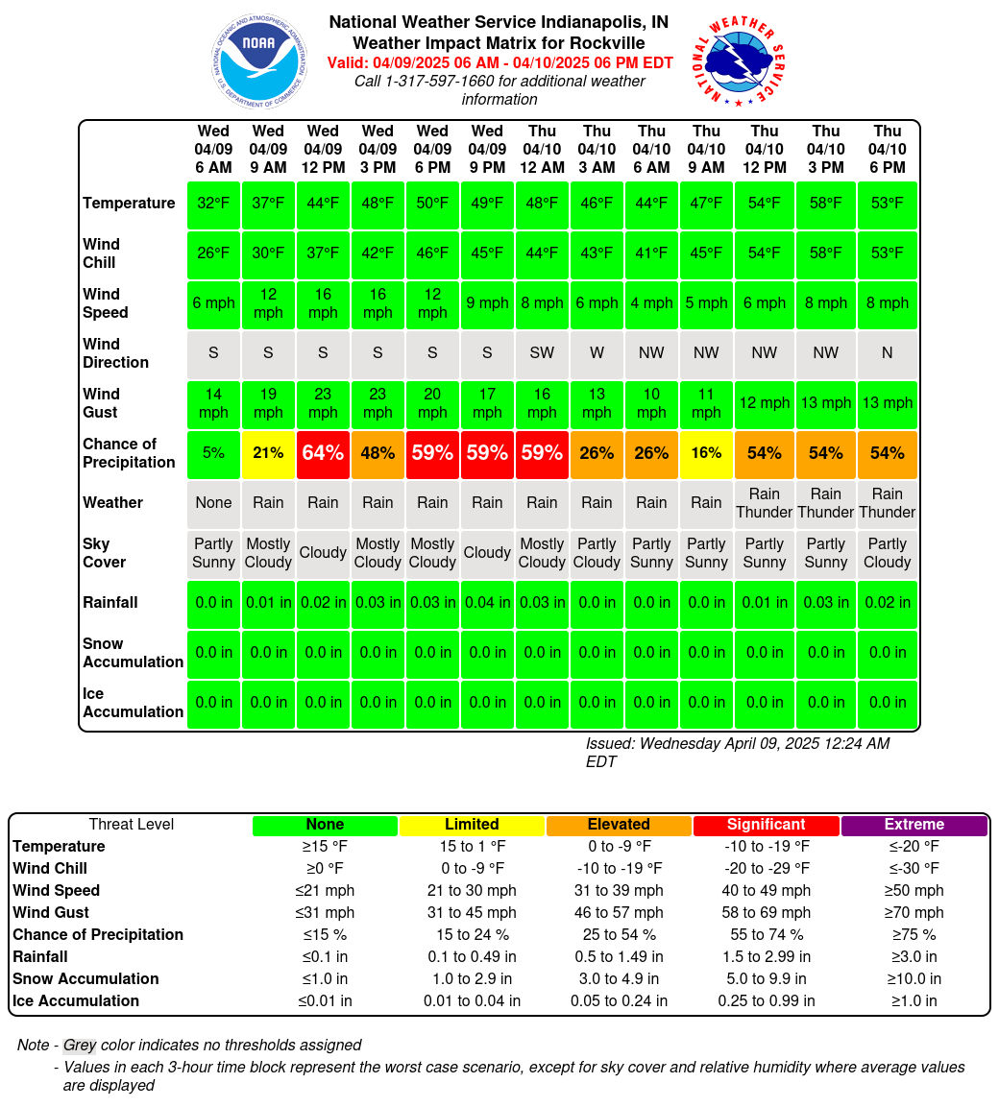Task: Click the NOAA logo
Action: pyautogui.click(x=259, y=61)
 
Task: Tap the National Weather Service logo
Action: pyautogui.click(x=739, y=61)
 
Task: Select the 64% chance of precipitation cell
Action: pyautogui.click(x=323, y=453)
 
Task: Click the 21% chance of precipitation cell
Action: pyautogui.click(x=268, y=453)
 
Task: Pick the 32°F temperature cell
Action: pyautogui.click(x=213, y=204)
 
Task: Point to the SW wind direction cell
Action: pyautogui.click(x=542, y=353)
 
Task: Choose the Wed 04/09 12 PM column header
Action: pyautogui.click(x=323, y=149)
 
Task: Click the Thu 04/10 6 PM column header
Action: pyautogui.click(x=888, y=149)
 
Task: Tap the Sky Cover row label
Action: pyautogui.click(x=104, y=553)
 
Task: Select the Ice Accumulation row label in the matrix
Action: pyautogui.click(x=133, y=703)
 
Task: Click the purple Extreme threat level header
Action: pyautogui.click(x=914, y=825)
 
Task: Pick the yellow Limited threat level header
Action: pyautogui.click(x=472, y=825)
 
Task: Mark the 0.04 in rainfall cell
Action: pyautogui.click(x=487, y=603)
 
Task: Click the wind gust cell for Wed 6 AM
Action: pyautogui.click(x=213, y=403)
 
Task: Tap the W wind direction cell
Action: pyautogui.click(x=597, y=353)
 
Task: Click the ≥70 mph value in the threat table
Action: pyautogui.click(x=914, y=913)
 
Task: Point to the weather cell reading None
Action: pyautogui.click(x=213, y=503)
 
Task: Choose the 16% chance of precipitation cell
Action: pyautogui.click(x=706, y=453)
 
